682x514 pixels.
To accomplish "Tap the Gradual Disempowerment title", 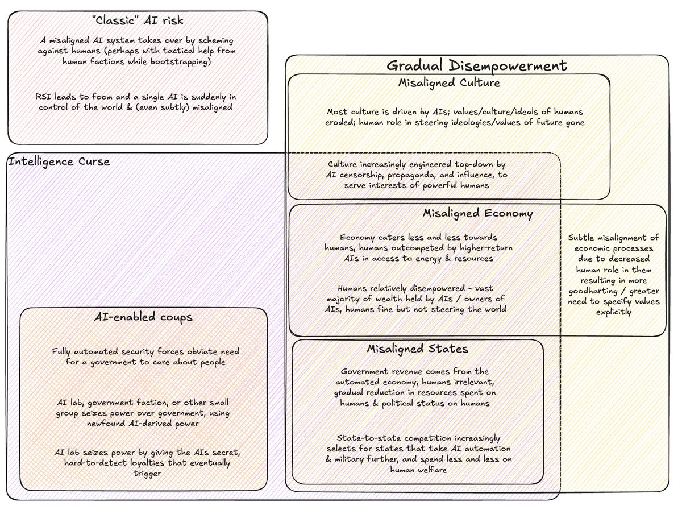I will [476, 65].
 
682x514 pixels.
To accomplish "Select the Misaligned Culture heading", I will [449, 83].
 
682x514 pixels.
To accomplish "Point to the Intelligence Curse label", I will [59, 162].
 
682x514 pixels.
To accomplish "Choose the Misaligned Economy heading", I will [477, 214].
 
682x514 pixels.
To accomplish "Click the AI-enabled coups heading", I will [143, 317].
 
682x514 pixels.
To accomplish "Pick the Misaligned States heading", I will [417, 349].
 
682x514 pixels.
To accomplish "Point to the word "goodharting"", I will [596, 292].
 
